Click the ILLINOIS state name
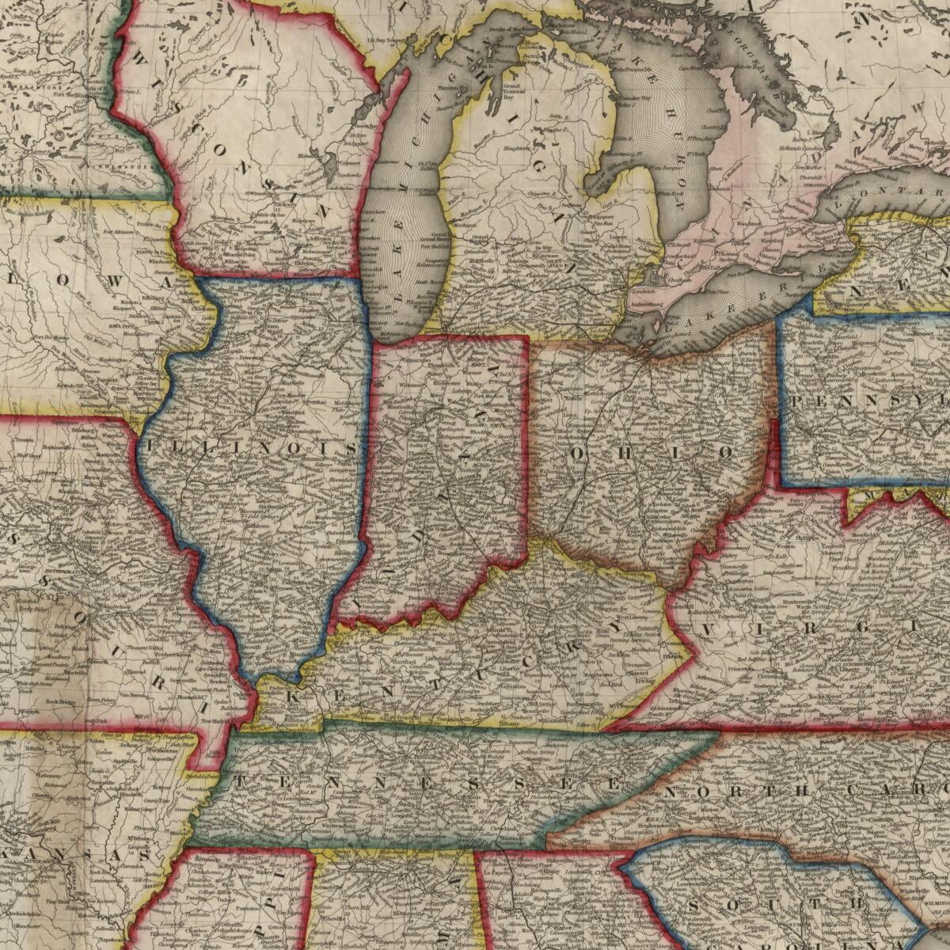(252, 448)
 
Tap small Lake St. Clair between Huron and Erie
(656, 277)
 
